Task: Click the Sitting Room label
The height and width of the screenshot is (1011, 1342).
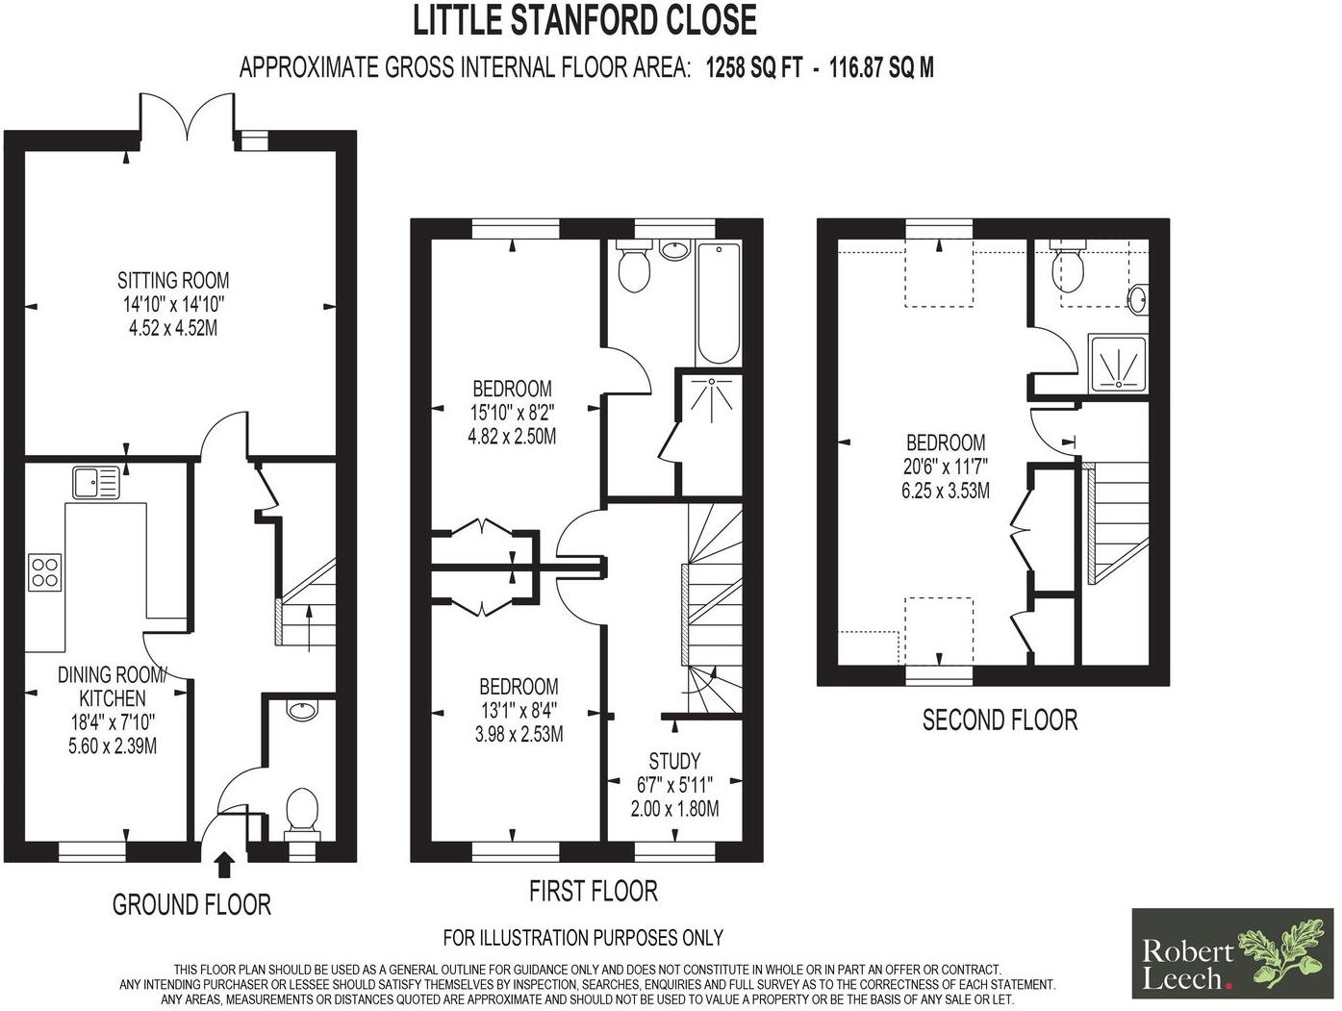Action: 173,281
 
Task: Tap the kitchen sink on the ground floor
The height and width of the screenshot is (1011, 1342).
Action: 94,482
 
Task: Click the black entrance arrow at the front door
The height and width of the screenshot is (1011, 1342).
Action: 224,864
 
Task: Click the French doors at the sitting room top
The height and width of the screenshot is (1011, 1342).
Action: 189,120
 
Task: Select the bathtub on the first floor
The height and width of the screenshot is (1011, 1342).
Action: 718,303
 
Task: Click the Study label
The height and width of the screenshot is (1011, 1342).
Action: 674,760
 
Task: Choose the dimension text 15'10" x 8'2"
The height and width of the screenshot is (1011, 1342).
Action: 512,413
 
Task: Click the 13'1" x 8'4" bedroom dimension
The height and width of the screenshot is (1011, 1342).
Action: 519,711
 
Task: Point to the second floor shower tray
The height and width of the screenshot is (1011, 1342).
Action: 1119,363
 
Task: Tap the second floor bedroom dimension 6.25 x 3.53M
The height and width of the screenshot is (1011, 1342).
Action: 945,491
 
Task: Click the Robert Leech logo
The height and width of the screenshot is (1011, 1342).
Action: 1232,953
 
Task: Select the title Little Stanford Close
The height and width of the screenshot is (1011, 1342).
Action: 585,21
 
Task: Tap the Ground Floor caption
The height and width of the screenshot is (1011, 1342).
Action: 191,904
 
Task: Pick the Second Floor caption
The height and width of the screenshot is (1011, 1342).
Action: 1000,720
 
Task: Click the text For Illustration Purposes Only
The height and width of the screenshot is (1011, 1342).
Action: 583,937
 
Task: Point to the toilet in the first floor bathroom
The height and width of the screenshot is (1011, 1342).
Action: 632,267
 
